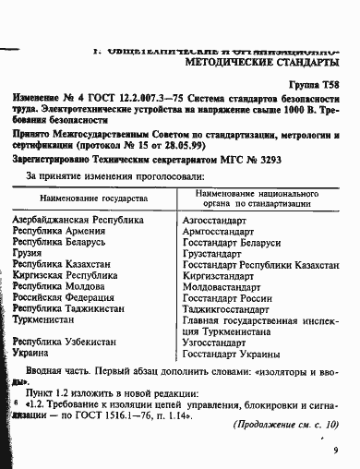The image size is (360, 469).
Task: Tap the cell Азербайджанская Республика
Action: pyautogui.click(x=79, y=222)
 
